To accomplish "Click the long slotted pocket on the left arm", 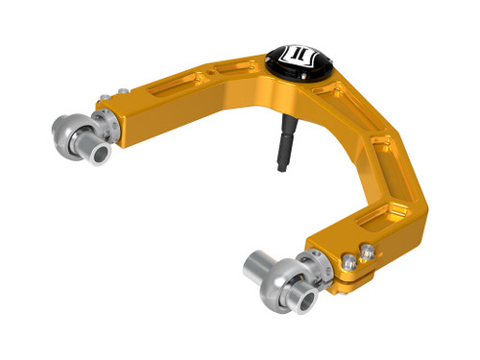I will pos(162,92).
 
